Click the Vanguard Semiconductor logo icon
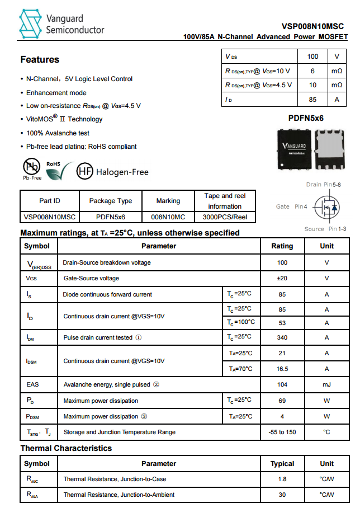(31, 23)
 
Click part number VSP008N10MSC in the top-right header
(312, 26)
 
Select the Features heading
(40, 60)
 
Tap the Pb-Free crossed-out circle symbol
(31, 166)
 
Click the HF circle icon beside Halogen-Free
(84, 172)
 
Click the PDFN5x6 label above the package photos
(306, 118)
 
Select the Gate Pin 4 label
(291, 206)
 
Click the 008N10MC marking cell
(168, 217)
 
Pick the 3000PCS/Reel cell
(225, 217)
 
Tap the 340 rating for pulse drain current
(282, 337)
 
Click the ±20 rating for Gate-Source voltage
(282, 278)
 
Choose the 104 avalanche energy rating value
(282, 385)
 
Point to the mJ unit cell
(326, 385)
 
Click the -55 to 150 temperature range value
(282, 432)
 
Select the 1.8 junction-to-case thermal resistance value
(282, 479)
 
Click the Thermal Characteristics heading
(66, 448)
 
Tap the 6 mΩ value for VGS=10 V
(312, 71)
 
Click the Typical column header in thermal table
(282, 463)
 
